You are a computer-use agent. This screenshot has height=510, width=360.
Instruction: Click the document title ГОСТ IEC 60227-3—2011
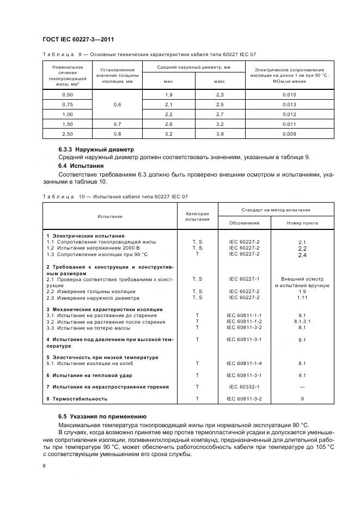[77, 39]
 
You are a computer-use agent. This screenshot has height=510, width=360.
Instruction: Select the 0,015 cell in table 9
[289, 94]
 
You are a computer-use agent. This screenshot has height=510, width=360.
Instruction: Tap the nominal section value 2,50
[68, 133]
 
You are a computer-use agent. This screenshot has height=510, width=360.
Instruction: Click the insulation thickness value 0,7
[117, 124]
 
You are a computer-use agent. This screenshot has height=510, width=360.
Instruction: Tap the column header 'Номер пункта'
[303, 223]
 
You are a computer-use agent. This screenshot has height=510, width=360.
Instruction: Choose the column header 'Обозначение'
[244, 223]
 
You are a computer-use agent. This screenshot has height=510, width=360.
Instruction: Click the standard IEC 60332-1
[244, 386]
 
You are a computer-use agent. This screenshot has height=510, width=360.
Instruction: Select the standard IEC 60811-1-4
[244, 363]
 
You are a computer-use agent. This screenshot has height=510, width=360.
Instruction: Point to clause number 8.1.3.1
[303, 322]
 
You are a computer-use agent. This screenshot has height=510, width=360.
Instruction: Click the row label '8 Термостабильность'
[77, 398]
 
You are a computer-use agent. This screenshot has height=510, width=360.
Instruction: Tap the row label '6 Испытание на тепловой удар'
[89, 375]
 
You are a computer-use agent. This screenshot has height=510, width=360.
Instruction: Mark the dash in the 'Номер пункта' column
[303, 386]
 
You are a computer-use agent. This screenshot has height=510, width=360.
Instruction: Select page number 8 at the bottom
[44, 465]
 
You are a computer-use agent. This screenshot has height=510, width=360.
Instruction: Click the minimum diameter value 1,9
[168, 94]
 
